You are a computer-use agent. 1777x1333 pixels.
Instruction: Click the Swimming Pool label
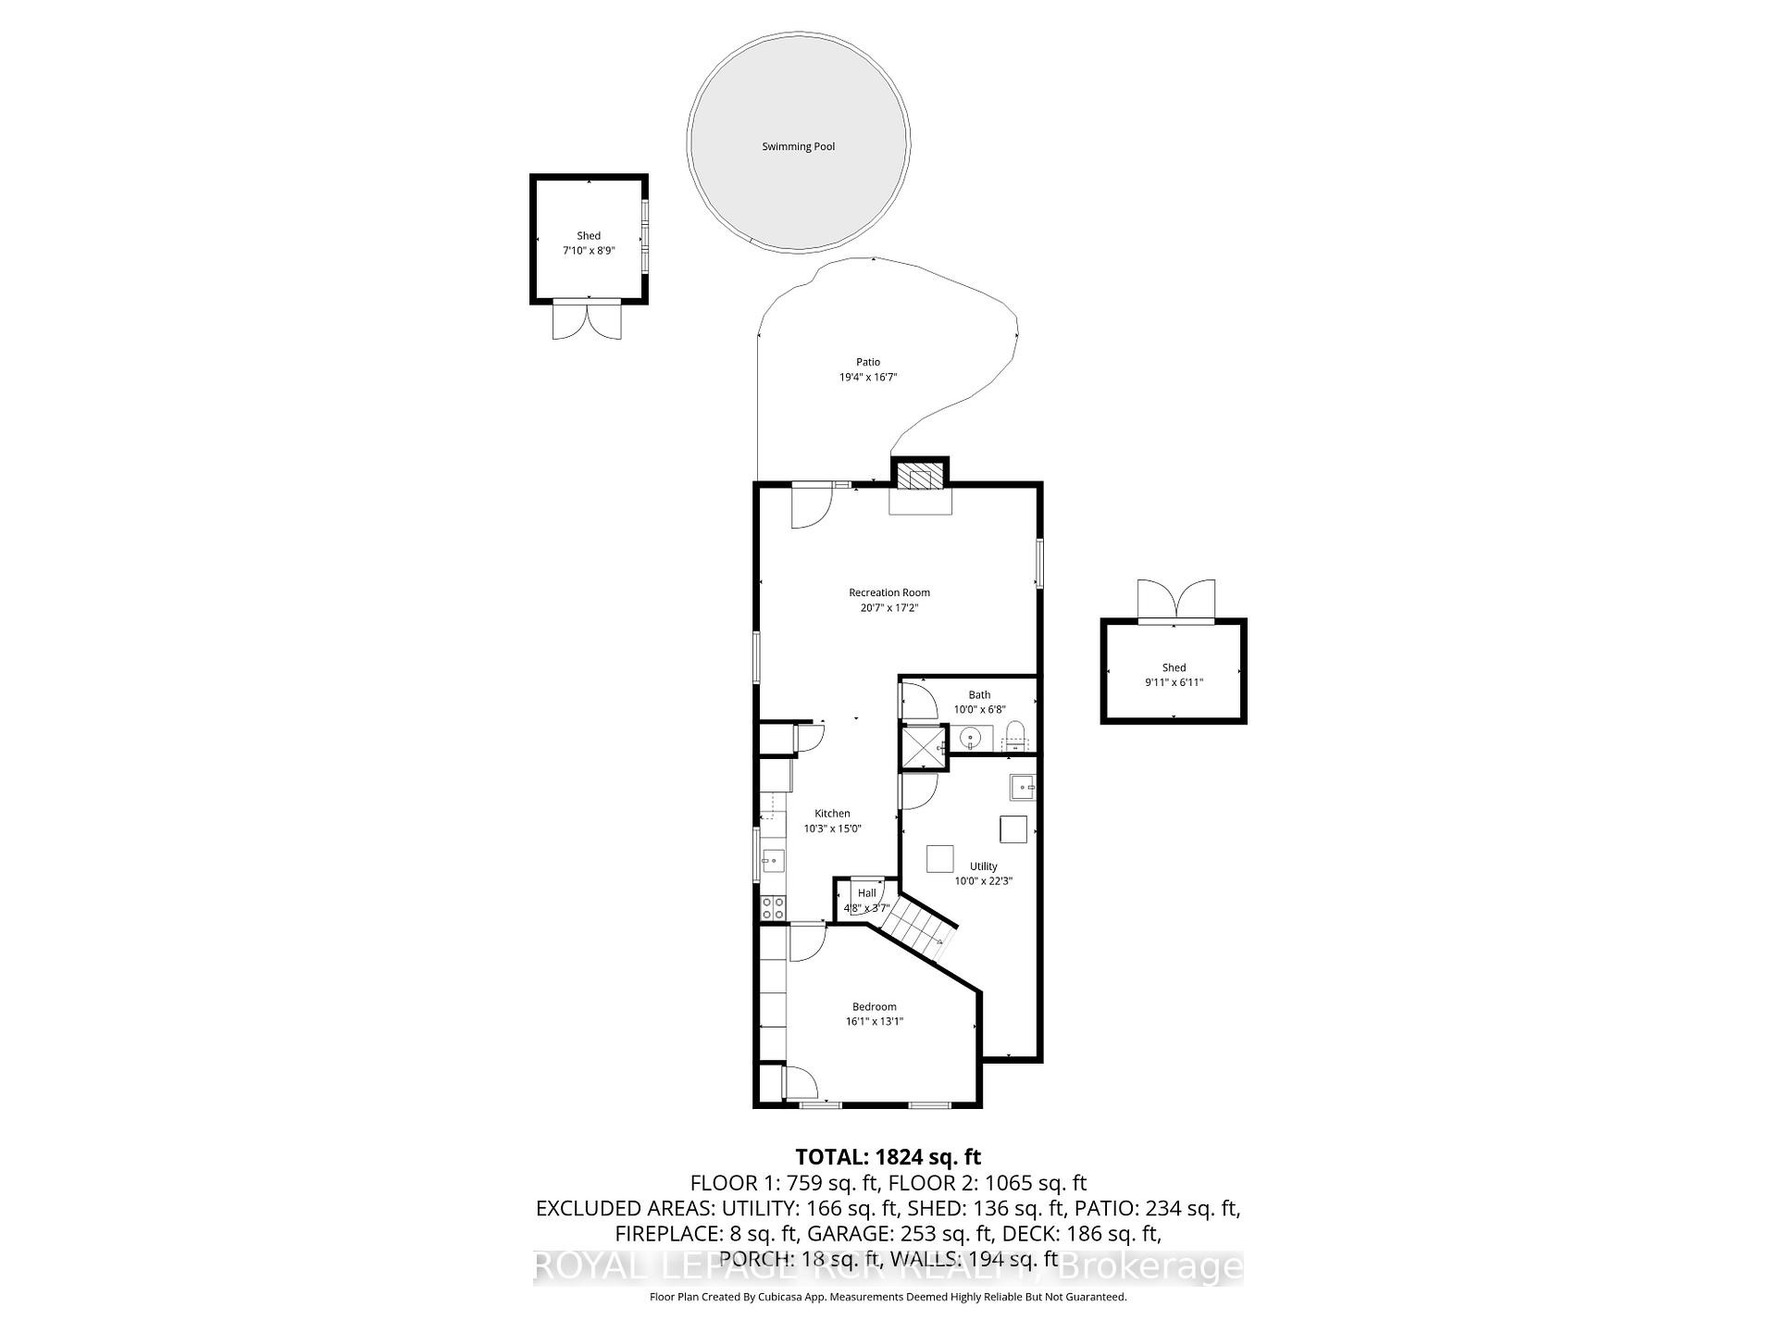798,146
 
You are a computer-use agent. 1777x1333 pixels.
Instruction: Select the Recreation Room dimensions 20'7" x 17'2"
888,608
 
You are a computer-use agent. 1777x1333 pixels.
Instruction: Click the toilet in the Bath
1015,735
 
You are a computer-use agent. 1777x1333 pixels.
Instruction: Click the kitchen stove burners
773,907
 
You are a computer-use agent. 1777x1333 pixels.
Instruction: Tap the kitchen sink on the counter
772,862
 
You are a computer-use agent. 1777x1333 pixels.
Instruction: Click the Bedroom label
874,1007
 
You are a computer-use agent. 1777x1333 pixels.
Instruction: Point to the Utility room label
983,866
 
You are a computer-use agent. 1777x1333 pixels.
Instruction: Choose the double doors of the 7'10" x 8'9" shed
587,319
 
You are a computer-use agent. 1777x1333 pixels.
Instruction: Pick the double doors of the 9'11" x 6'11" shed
1175,600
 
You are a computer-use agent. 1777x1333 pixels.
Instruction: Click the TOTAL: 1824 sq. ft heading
888,1157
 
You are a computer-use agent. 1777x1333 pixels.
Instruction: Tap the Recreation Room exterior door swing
812,506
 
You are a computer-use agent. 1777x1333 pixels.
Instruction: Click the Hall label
866,893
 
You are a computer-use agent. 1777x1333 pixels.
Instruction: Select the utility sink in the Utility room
1022,788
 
